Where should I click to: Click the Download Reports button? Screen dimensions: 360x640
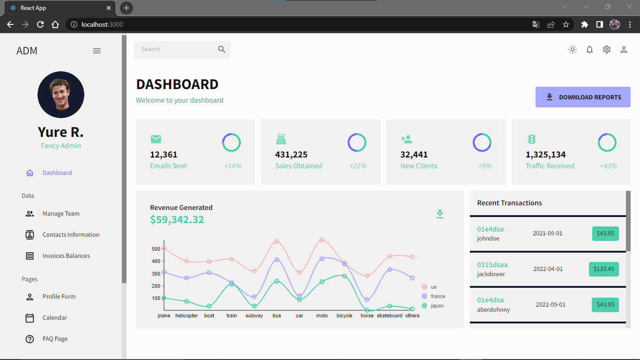click(583, 97)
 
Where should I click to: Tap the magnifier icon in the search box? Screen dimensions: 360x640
click(222, 49)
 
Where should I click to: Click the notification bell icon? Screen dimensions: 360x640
click(589, 49)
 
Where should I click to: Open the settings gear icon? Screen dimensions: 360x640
click(607, 49)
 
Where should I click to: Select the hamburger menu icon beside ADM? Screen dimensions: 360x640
click(97, 51)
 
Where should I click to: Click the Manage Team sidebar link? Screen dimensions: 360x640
click(61, 214)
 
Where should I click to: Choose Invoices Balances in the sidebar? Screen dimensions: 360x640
click(66, 256)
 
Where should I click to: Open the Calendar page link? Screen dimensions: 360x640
click(55, 318)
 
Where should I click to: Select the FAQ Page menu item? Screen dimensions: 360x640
click(55, 339)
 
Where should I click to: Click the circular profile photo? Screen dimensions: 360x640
click(61, 95)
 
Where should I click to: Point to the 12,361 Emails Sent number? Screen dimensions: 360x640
click(164, 155)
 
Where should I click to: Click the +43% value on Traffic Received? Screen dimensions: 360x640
click(608, 166)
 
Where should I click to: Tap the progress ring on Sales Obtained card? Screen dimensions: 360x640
click(357, 142)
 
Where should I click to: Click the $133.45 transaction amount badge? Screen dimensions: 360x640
click(603, 269)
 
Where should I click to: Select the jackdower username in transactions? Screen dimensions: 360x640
click(491, 274)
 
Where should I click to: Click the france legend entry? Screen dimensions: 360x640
click(438, 296)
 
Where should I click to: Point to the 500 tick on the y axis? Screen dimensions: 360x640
click(156, 249)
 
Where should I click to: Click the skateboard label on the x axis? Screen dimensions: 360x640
click(389, 316)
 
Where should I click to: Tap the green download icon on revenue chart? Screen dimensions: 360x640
click(439, 214)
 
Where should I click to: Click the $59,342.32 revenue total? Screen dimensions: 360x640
click(177, 219)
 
